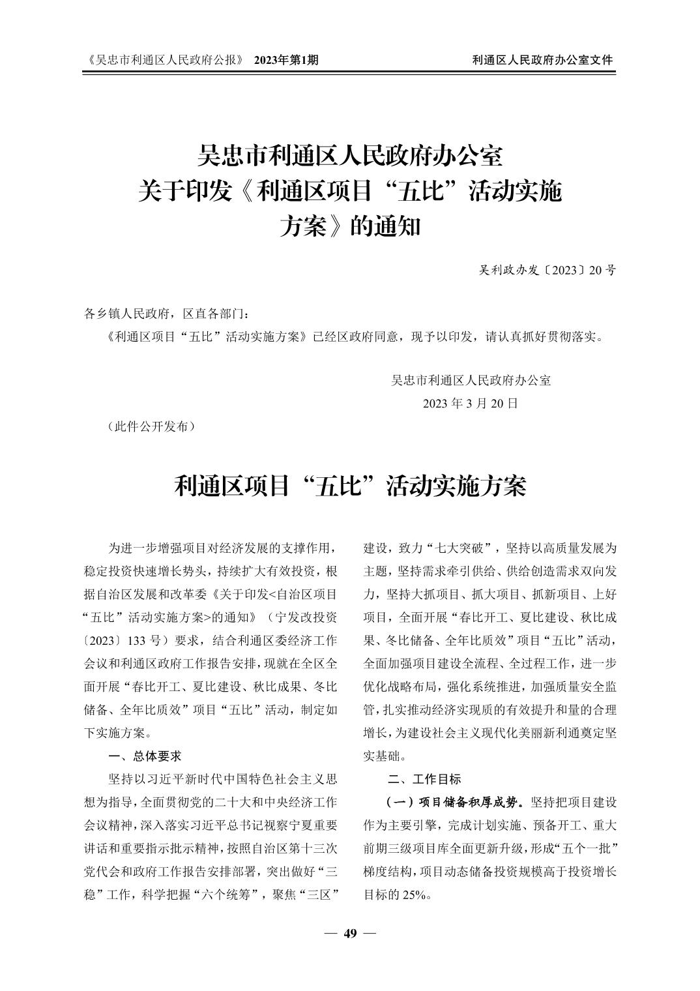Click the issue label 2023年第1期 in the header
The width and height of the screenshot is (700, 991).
(x=286, y=60)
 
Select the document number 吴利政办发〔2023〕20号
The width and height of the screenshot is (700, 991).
(x=547, y=269)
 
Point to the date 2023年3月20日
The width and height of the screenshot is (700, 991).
(x=471, y=403)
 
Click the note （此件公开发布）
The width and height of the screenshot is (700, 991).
(x=150, y=426)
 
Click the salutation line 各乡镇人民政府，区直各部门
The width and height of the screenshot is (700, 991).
(x=167, y=314)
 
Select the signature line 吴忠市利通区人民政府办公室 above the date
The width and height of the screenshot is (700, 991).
(x=471, y=379)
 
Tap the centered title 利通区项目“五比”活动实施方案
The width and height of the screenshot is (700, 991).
(x=350, y=486)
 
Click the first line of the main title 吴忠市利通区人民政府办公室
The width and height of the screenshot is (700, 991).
(x=350, y=156)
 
